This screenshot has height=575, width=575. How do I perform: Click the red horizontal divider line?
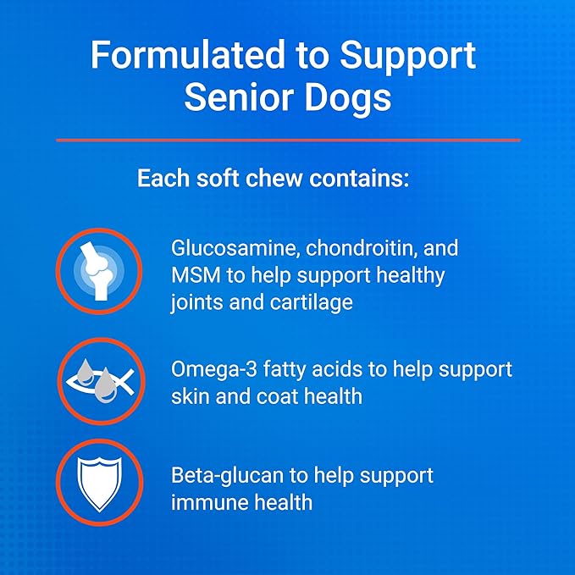[x=288, y=140]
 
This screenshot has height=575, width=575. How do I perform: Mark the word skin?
[x=190, y=396]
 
